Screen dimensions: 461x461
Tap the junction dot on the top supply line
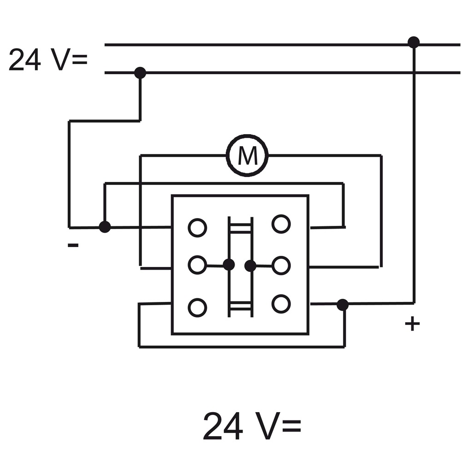(x=414, y=42)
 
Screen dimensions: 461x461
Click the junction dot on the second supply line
(x=140, y=73)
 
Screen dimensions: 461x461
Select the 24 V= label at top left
(x=48, y=59)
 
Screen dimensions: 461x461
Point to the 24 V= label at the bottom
(x=252, y=426)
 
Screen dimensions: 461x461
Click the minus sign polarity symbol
(x=73, y=245)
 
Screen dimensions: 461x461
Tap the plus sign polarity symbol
(x=412, y=324)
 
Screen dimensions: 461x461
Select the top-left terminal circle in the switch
(x=197, y=228)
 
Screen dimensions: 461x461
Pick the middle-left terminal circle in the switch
(x=197, y=265)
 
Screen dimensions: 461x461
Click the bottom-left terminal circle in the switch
(x=197, y=307)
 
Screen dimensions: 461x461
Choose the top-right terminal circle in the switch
(x=281, y=224)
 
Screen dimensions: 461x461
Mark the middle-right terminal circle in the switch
(x=281, y=266)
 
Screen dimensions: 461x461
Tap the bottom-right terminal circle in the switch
(x=281, y=304)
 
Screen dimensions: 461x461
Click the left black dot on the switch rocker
(x=229, y=265)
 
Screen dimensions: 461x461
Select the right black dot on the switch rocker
(x=250, y=266)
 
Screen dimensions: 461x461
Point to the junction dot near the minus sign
(x=105, y=227)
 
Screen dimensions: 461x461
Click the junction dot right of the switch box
(x=343, y=305)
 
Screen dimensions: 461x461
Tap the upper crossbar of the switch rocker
(x=241, y=229)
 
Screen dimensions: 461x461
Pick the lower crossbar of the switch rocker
(x=241, y=307)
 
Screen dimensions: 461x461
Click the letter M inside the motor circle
(x=247, y=156)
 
